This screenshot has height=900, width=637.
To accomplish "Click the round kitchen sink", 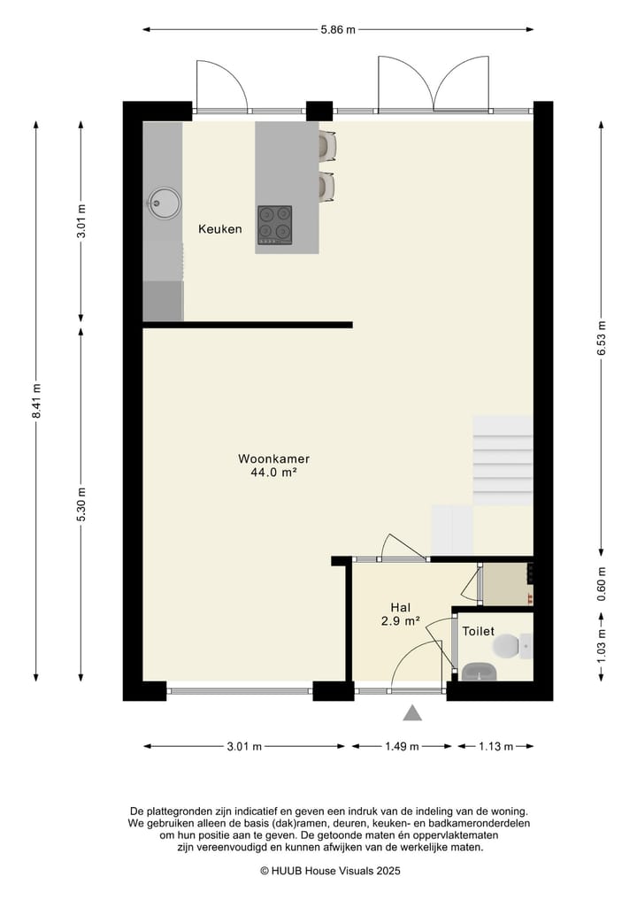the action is [x=165, y=203].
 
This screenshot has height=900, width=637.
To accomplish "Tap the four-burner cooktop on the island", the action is [x=274, y=225].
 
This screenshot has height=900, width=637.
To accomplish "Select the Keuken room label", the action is [x=219, y=229].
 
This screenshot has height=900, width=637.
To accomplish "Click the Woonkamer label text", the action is [x=273, y=458].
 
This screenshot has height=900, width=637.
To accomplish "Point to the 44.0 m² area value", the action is [x=273, y=473].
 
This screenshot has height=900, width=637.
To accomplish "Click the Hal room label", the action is [x=401, y=607].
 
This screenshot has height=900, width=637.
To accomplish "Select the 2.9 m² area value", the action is [x=401, y=620].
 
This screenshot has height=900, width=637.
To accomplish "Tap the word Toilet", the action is [x=478, y=631].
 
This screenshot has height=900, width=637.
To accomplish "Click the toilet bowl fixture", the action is [x=512, y=646].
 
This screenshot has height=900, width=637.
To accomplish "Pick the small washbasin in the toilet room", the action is [x=480, y=672].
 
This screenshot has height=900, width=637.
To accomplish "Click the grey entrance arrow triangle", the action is [x=412, y=713].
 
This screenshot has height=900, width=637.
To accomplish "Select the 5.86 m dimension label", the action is [x=338, y=29].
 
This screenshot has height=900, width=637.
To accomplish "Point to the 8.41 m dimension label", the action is [x=36, y=401].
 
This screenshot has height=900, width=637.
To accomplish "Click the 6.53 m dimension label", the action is [x=602, y=338].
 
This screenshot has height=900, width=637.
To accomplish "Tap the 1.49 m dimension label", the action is [x=402, y=746].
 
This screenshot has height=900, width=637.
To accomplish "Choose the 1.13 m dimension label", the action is [x=495, y=746].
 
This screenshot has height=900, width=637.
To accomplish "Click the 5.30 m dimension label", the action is [x=81, y=505].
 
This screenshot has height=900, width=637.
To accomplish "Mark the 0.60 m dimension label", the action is [x=602, y=584].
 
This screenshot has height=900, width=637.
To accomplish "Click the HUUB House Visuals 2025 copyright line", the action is [x=330, y=871].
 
